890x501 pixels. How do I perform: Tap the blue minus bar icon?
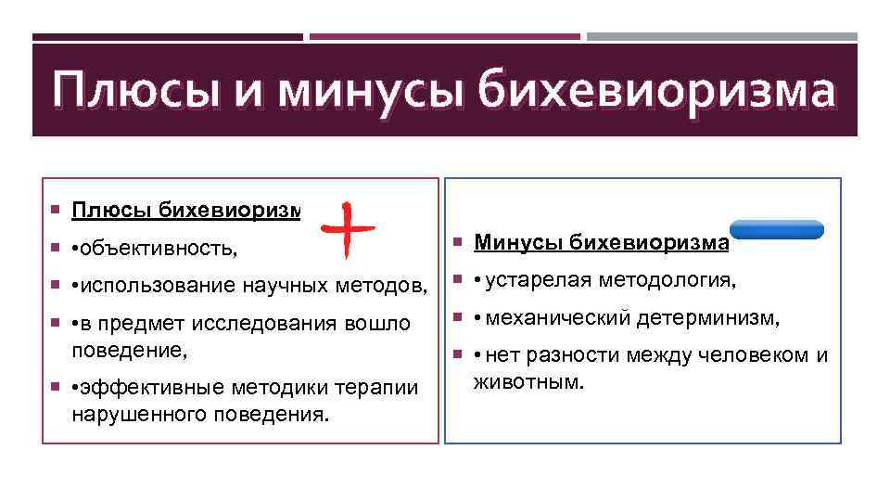[x=776, y=230]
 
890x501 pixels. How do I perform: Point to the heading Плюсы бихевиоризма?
[x=185, y=210]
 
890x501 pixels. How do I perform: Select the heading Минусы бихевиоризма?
[x=602, y=244]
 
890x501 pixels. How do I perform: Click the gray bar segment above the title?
[x=722, y=37]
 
